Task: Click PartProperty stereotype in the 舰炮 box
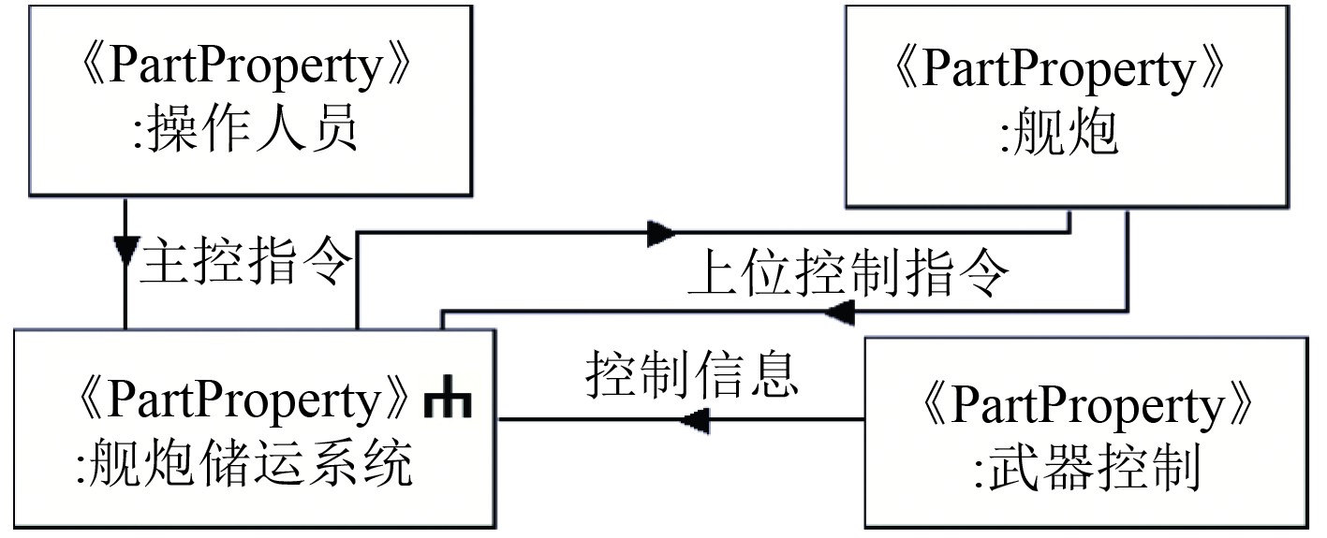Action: click(x=1060, y=71)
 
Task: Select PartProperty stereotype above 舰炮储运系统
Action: click(x=241, y=401)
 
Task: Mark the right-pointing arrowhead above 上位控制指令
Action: click(x=660, y=232)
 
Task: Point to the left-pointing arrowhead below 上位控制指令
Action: click(x=839, y=313)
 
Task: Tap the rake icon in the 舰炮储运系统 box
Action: click(x=448, y=402)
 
